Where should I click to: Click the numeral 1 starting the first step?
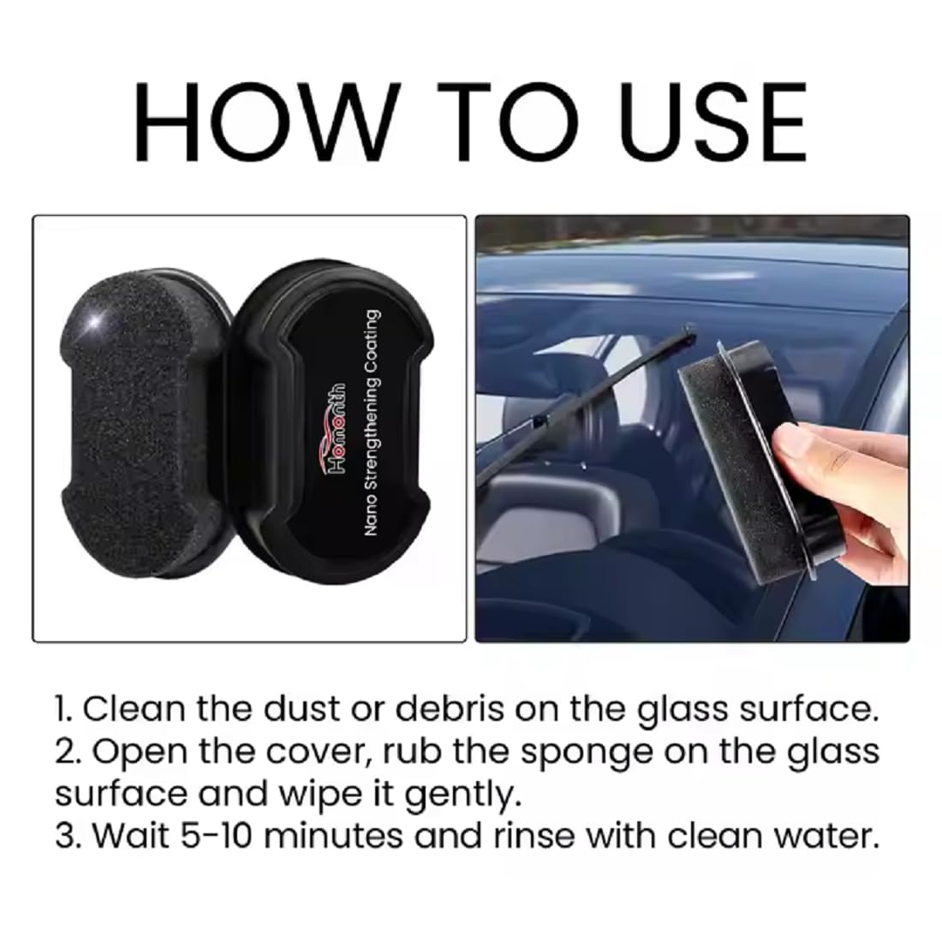[61, 709]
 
